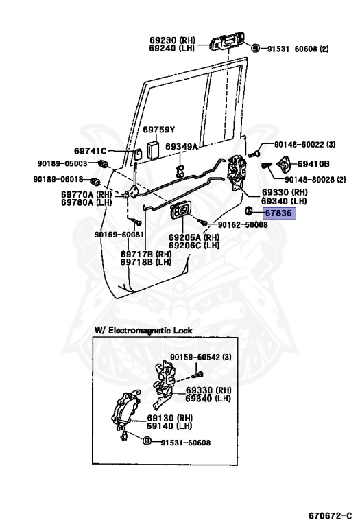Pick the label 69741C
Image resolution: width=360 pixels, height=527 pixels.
point(91,150)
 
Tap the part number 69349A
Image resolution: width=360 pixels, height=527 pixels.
point(184,146)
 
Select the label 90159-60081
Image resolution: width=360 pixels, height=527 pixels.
point(119,235)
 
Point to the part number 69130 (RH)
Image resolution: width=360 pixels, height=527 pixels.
point(169,417)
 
